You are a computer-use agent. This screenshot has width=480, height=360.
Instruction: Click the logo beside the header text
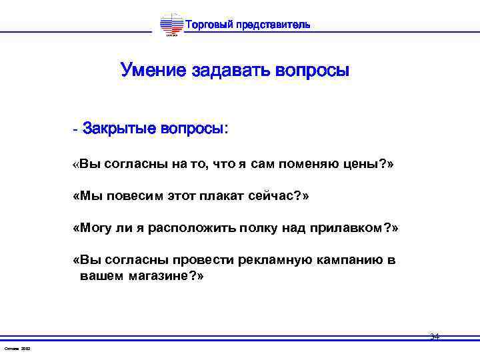[171, 25]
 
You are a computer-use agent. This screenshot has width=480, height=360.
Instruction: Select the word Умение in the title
[154, 70]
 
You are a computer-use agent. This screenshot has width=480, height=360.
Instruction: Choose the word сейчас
[277, 197]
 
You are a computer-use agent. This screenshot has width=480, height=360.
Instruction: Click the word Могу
[95, 228]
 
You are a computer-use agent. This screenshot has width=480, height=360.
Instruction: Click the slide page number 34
[435, 337]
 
